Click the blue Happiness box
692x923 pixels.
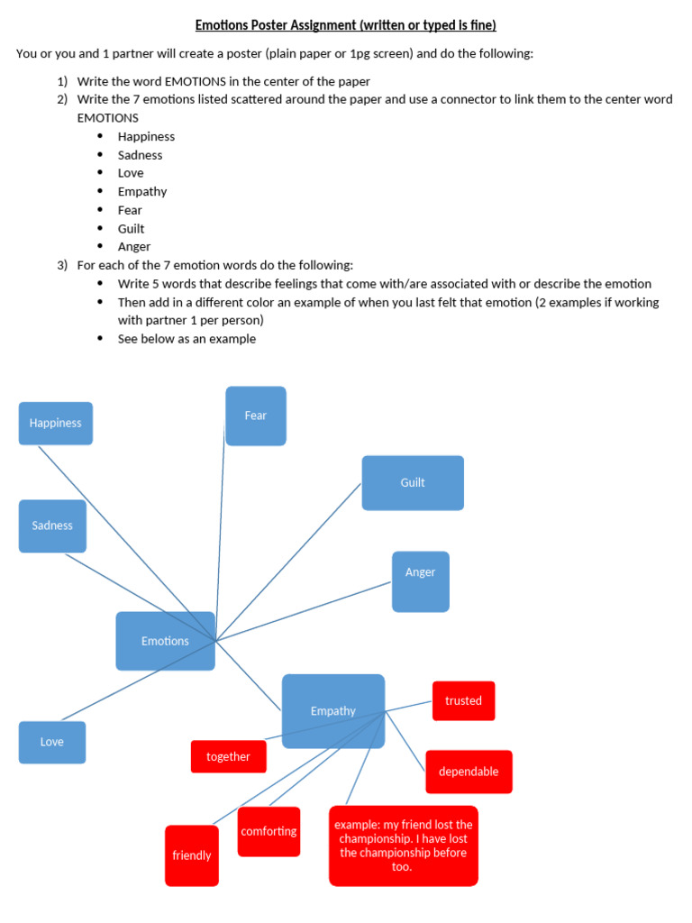pyautogui.click(x=56, y=424)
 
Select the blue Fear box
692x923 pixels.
pyautogui.click(x=256, y=416)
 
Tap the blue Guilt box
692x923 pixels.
pyautogui.click(x=413, y=483)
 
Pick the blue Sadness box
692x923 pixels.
pyautogui.click(x=52, y=525)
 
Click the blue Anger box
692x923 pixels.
pyautogui.click(x=420, y=581)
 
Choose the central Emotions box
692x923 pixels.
pyautogui.click(x=165, y=641)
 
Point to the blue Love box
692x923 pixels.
pyautogui.click(x=52, y=742)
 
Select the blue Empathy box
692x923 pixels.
pyautogui.click(x=333, y=711)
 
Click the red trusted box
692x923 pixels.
pyautogui.click(x=463, y=700)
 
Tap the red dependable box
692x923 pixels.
pyautogui.click(x=469, y=772)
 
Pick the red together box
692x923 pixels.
pyautogui.click(x=228, y=756)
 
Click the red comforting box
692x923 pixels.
pyautogui.click(x=269, y=831)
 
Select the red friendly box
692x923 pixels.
pyautogui.click(x=191, y=855)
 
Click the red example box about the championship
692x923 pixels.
pyautogui.click(x=404, y=845)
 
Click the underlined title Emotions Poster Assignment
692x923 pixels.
pyautogui.click(x=346, y=25)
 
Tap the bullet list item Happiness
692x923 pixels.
pyautogui.click(x=146, y=136)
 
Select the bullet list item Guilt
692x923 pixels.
pyautogui.click(x=131, y=228)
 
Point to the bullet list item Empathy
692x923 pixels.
pyautogui.click(x=141, y=191)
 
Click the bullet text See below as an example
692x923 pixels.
pyautogui.click(x=187, y=339)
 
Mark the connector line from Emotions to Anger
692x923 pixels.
pyautogui.click(x=306, y=610)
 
